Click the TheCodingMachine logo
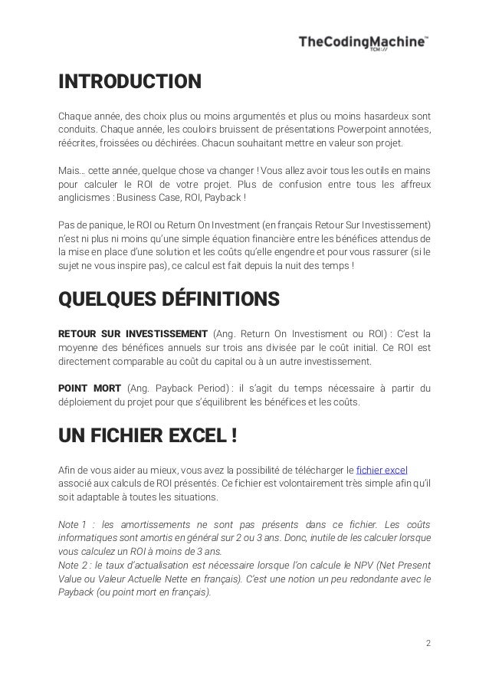coord(363,45)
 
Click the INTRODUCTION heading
coord(130,81)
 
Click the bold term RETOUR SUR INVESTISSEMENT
coord(133,333)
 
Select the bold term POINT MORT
coord(90,387)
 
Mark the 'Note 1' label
coord(73,524)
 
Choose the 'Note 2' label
coord(72,565)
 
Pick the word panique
coord(107,225)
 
